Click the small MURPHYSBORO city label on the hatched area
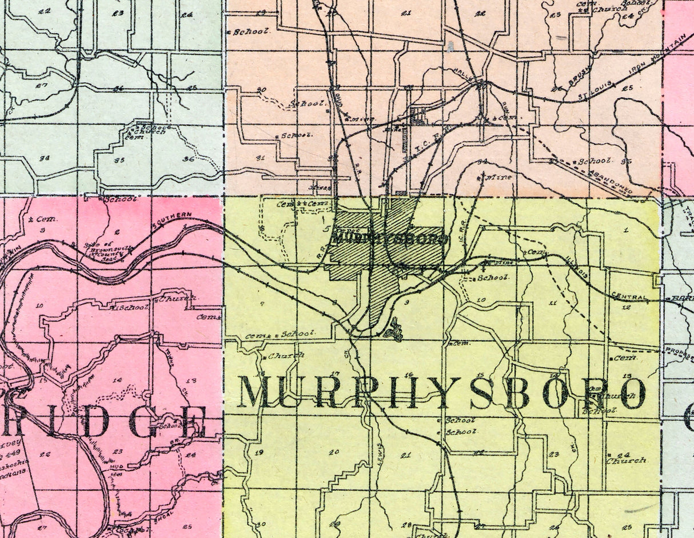[389, 239]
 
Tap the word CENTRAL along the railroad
[629, 297]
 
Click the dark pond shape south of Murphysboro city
[394, 330]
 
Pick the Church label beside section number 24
[627, 460]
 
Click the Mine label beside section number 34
[498, 177]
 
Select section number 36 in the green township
[189, 159]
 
